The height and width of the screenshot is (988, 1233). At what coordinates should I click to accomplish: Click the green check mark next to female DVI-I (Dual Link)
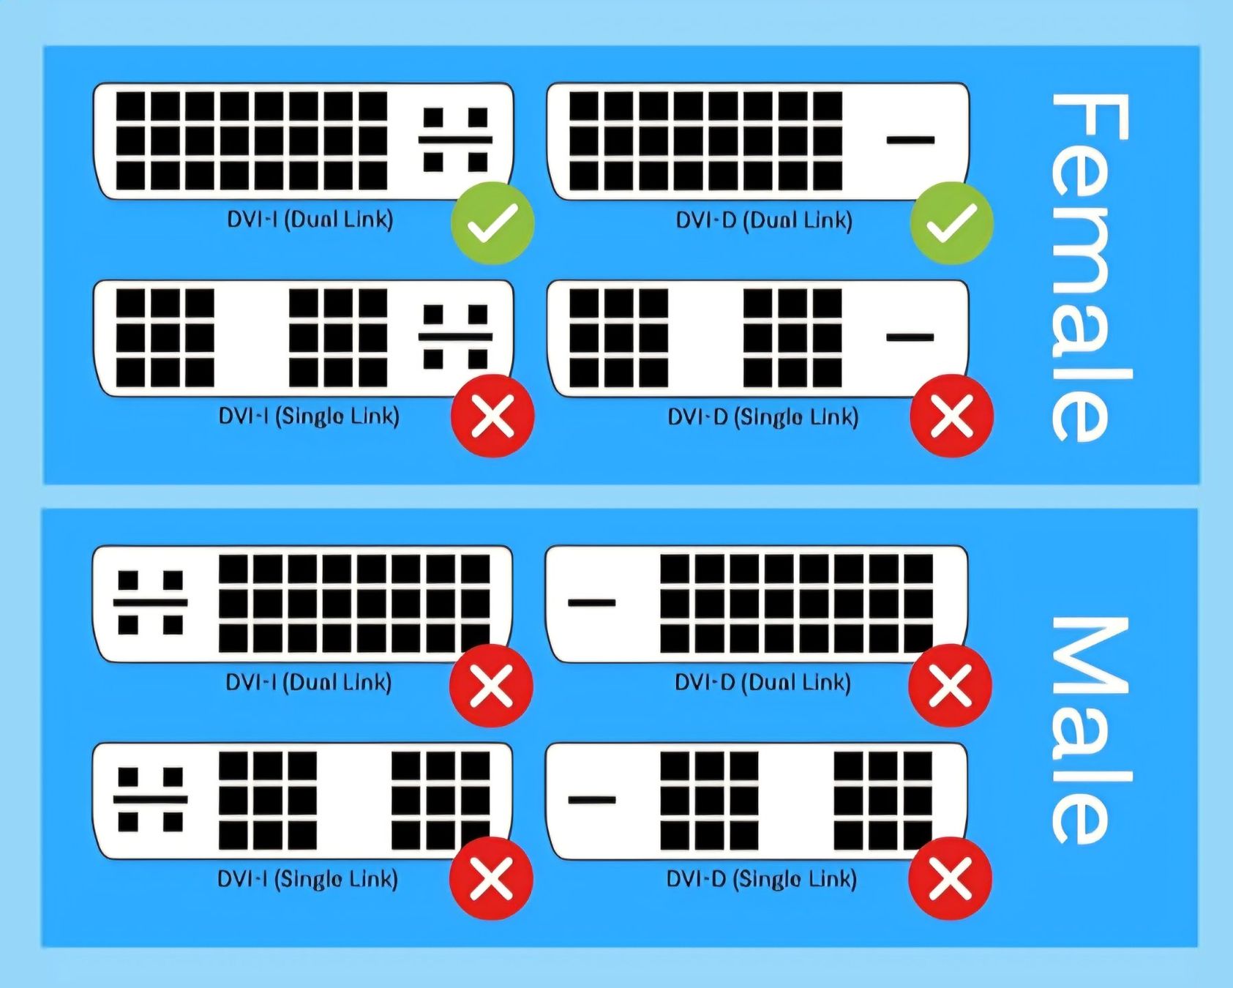(492, 222)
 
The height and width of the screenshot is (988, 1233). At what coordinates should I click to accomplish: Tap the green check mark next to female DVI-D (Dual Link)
(951, 222)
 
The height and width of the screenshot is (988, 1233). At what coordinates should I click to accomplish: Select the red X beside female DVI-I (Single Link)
(492, 416)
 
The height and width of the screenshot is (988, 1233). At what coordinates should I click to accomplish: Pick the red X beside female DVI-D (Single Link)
(951, 416)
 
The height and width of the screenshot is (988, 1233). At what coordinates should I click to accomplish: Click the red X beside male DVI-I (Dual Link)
(491, 686)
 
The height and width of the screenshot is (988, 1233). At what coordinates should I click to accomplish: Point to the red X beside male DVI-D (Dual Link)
(950, 686)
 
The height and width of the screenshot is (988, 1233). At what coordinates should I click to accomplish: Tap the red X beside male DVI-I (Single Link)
(491, 878)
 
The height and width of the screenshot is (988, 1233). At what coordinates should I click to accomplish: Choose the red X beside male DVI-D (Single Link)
(950, 878)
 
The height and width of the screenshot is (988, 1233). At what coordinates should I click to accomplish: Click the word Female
(1090, 267)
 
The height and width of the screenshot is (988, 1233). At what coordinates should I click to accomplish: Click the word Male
(1090, 730)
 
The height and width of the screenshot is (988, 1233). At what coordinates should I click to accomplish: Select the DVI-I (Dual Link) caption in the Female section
(310, 220)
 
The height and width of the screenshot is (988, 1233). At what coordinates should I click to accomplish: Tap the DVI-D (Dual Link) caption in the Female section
(764, 220)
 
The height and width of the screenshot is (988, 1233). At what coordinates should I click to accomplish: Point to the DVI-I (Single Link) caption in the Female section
(309, 416)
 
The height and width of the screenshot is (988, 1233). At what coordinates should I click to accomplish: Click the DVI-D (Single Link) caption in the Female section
(762, 417)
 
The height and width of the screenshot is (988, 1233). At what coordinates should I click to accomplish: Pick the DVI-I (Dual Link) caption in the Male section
(309, 682)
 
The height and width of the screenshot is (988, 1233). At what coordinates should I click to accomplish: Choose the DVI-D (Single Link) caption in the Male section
(761, 879)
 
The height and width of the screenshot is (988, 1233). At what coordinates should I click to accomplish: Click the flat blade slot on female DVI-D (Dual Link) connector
(910, 140)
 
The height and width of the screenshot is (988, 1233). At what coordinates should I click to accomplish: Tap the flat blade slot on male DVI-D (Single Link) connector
(592, 799)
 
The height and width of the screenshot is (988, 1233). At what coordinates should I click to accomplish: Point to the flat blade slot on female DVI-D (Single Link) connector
(910, 337)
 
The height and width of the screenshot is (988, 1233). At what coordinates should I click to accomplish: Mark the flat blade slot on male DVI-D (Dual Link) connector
(592, 602)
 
